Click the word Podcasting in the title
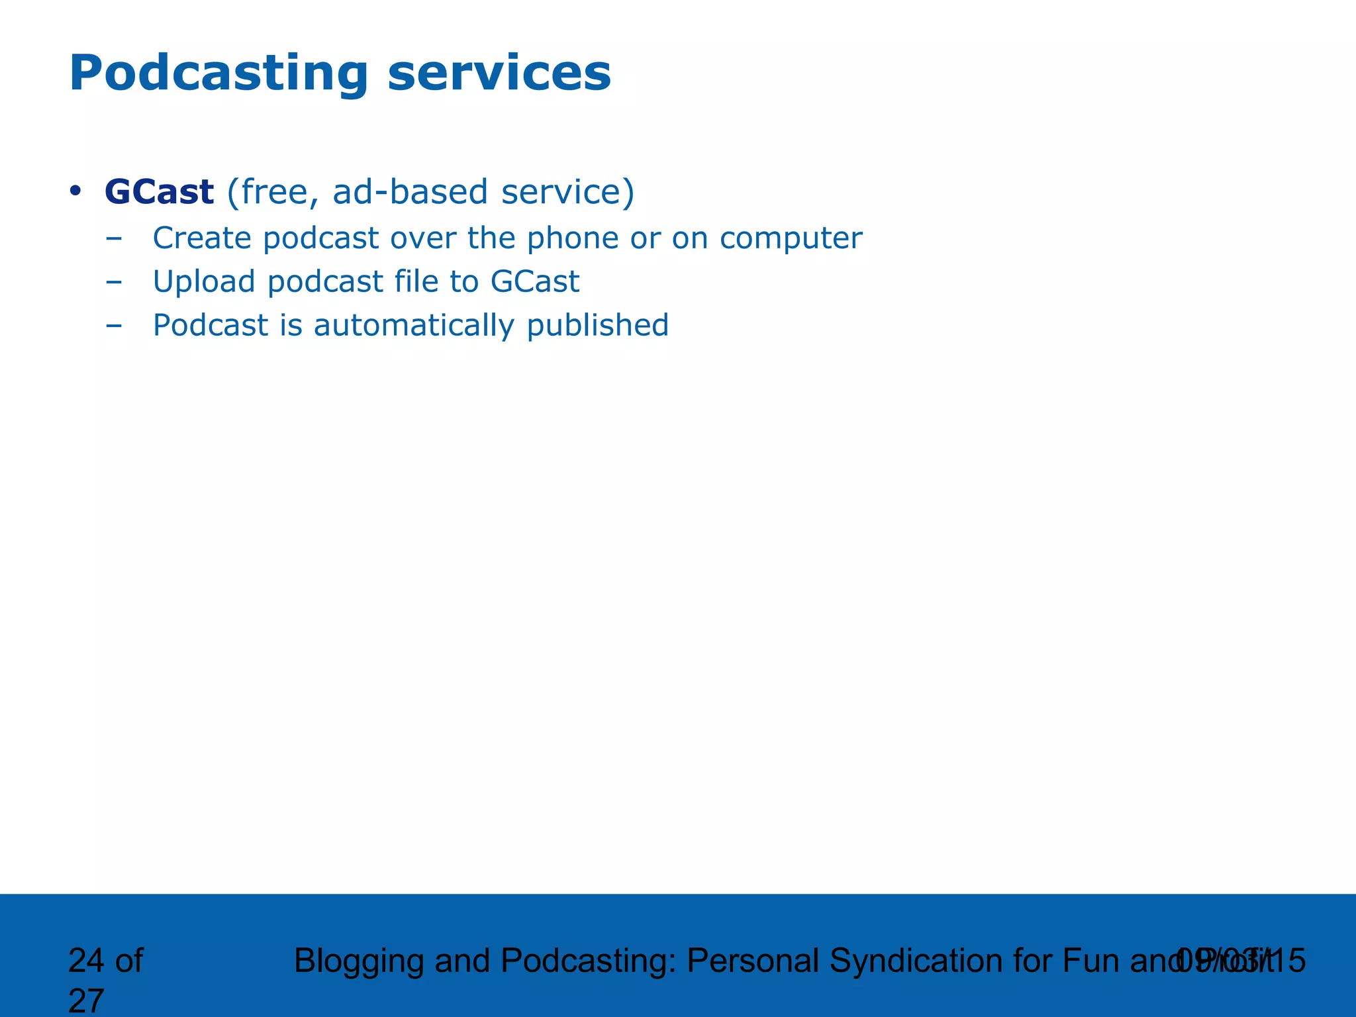[x=218, y=74]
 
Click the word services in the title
[x=499, y=74]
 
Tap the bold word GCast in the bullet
[x=159, y=192]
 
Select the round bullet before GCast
[x=75, y=192]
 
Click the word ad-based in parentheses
[x=411, y=192]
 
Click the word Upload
[x=204, y=282]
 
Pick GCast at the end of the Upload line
[x=535, y=282]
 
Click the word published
[x=597, y=326]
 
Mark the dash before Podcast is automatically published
[x=114, y=326]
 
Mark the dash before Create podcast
[x=114, y=238]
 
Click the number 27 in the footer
[x=86, y=1001]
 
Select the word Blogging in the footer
[x=358, y=961]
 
